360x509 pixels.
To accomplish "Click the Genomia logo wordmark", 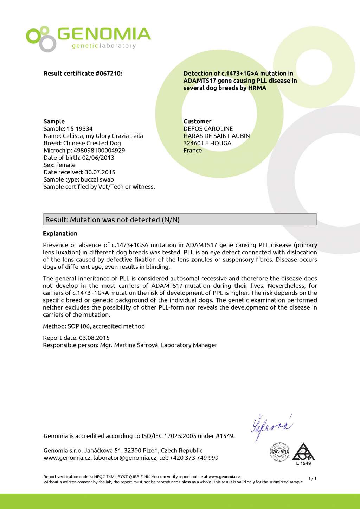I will (x=104, y=34).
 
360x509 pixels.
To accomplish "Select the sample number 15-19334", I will (x=80, y=129).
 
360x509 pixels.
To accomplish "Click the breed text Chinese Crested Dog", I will (x=92, y=143).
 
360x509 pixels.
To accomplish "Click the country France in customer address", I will (x=193, y=151).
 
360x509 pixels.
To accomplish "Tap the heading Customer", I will (x=197, y=121).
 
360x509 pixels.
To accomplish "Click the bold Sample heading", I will (x=54, y=121).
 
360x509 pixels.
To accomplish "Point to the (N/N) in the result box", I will (x=171, y=220).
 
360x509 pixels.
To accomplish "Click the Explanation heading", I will (x=60, y=234).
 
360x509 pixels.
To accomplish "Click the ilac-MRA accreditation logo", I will (x=279, y=452).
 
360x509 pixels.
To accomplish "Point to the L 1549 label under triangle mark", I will (x=303, y=463).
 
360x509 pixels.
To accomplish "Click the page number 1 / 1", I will (x=312, y=478).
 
